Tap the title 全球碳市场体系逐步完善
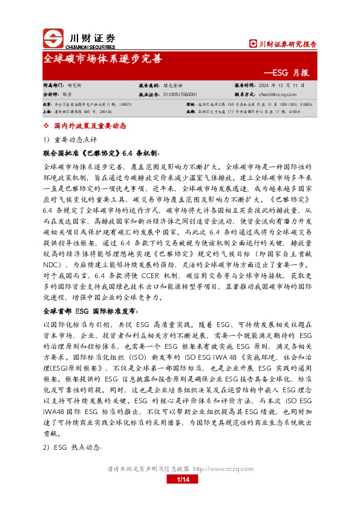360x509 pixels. pos(103,59)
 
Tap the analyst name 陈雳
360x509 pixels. pos(67,94)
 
